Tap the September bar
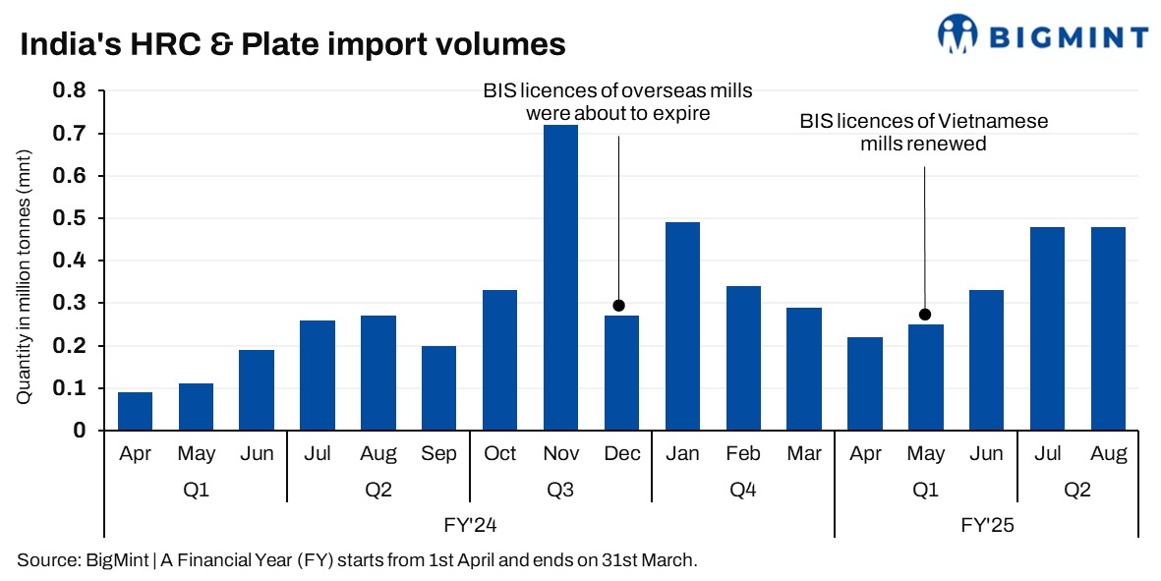click(x=438, y=388)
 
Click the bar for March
click(x=803, y=369)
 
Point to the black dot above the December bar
click(x=618, y=306)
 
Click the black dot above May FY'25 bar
click(x=925, y=315)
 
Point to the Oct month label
click(x=499, y=454)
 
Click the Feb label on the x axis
click(x=743, y=454)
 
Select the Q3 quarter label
click(x=560, y=489)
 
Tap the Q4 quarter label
click(x=743, y=489)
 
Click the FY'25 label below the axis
click(x=986, y=525)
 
